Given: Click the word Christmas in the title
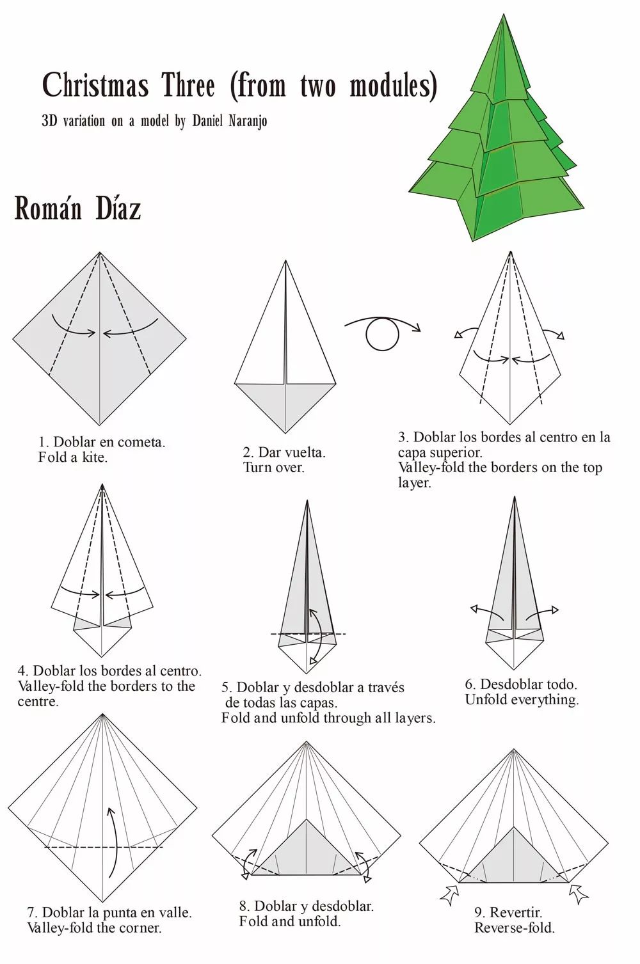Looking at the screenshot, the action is coord(95,85).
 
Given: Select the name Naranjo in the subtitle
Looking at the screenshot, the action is coord(248,122).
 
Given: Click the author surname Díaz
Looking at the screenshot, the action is coord(118,209).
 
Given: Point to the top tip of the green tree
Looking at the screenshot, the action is coord(504,14).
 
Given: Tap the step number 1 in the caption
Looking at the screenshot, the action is coord(42,443).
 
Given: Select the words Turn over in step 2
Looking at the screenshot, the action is coord(274,468).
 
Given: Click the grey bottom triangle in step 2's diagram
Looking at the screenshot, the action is coord(285,400).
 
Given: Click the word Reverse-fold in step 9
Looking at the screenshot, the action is coord(515,928).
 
